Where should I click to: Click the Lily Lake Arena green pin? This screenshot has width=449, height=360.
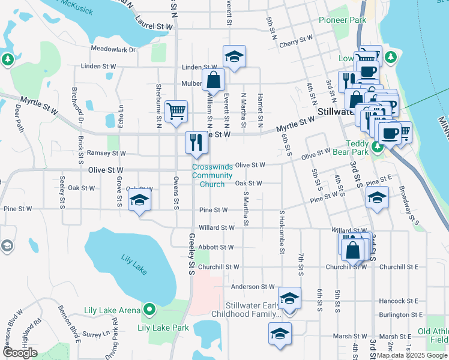[x=149, y=310]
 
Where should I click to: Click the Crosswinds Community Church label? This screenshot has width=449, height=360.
[x=212, y=175]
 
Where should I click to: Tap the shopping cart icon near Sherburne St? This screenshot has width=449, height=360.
[x=176, y=111]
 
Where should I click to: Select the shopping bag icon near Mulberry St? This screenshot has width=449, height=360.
[x=213, y=79]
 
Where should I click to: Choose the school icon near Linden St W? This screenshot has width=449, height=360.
[x=234, y=57]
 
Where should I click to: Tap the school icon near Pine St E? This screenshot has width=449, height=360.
[x=376, y=197]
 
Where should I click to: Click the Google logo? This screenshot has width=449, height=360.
[x=20, y=353]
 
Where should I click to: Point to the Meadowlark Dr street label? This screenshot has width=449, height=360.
[x=114, y=49]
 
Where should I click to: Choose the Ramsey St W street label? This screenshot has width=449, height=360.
[x=106, y=154]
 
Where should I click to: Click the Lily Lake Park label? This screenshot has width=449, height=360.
[x=163, y=328]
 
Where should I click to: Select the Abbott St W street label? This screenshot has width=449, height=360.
[x=216, y=247]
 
